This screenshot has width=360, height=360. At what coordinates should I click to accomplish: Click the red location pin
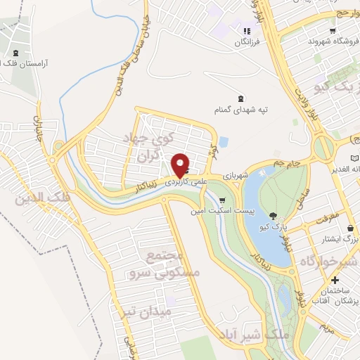tap(181, 165)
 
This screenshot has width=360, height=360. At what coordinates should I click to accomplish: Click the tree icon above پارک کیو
tap(273, 215)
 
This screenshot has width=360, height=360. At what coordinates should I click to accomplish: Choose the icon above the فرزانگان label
tap(246, 31)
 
